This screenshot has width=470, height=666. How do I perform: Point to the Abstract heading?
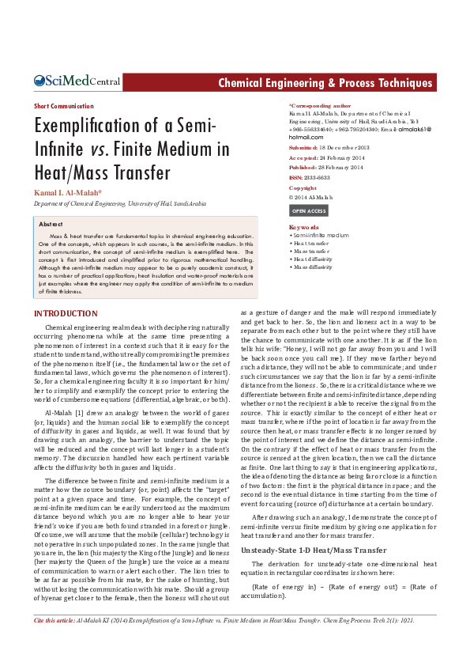(51, 225)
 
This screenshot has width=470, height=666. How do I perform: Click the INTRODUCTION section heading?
(66, 314)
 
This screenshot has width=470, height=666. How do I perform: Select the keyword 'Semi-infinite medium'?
(321, 236)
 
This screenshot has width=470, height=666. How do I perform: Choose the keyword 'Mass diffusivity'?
(314, 267)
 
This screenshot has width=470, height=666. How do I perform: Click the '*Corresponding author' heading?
(320, 106)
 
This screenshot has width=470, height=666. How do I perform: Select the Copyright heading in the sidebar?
(304, 188)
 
